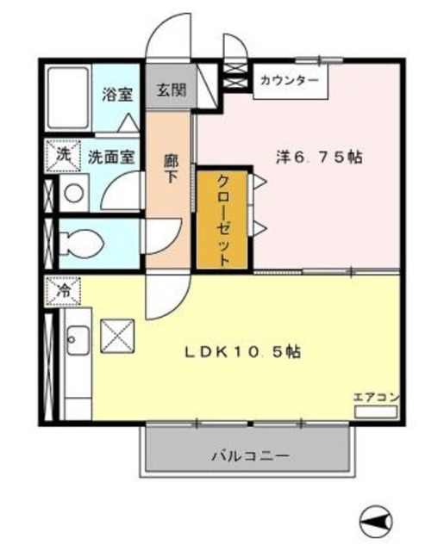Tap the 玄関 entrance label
point(171,90)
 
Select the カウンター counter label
point(289,81)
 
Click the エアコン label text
point(376,397)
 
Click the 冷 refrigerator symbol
point(62,291)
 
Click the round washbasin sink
point(74,193)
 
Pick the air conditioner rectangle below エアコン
point(376,412)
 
